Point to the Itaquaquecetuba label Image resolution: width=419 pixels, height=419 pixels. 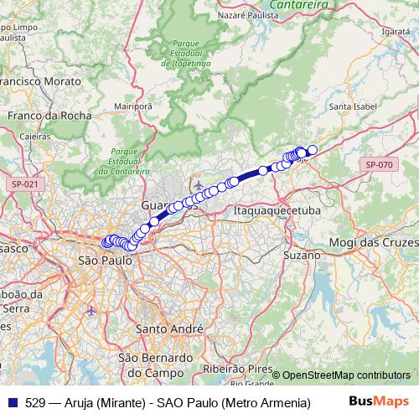pos(277,211)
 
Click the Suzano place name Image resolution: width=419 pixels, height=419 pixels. pos(302,254)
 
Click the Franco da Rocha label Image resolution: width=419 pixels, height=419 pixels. pos(41,116)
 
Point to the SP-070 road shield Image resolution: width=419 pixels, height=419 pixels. pos(379,165)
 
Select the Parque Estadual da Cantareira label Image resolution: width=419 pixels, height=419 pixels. pos(122,161)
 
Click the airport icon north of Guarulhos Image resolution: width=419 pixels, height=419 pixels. pos(197,184)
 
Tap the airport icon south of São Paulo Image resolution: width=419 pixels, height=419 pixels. pos(91,311)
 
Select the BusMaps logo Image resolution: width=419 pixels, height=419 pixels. pos(378,401)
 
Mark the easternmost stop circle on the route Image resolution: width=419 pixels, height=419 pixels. pos(312,150)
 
